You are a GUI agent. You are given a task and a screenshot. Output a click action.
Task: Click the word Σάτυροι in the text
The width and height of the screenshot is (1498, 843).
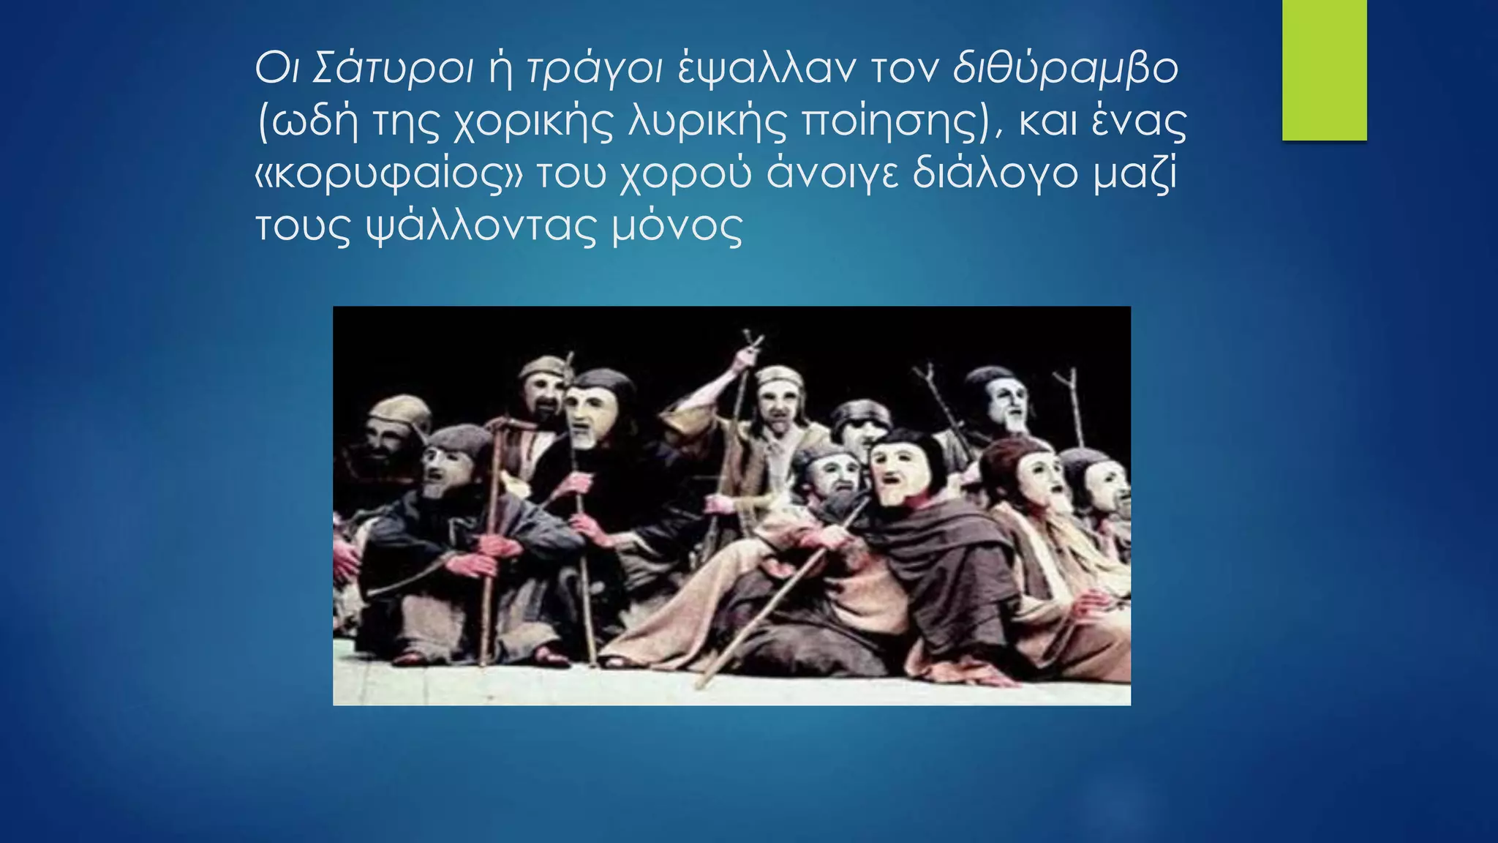click(393, 70)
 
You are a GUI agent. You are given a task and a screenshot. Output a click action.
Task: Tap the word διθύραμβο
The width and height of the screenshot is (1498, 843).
click(1065, 70)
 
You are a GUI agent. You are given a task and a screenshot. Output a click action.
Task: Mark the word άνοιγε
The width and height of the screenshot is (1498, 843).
click(832, 176)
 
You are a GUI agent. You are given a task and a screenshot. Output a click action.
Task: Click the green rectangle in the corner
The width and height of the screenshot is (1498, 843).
click(1324, 70)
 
